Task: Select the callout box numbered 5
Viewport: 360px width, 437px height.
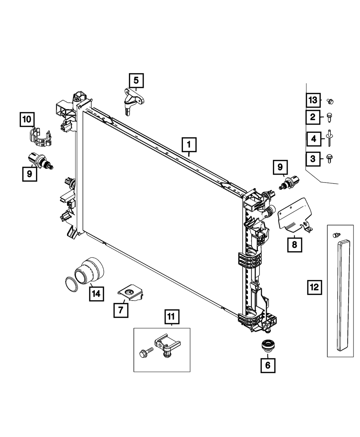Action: click(x=136, y=81)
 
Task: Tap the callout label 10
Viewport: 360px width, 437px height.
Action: click(x=27, y=119)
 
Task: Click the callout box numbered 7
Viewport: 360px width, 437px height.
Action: click(x=121, y=309)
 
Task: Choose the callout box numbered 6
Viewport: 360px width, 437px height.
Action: click(x=268, y=365)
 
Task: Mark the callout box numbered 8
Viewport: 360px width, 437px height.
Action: click(x=294, y=245)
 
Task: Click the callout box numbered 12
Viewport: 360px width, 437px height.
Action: click(x=314, y=287)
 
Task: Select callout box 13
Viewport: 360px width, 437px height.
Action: click(x=313, y=100)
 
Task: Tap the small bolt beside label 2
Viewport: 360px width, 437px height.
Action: click(x=329, y=117)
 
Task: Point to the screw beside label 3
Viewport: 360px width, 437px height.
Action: click(x=329, y=158)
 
